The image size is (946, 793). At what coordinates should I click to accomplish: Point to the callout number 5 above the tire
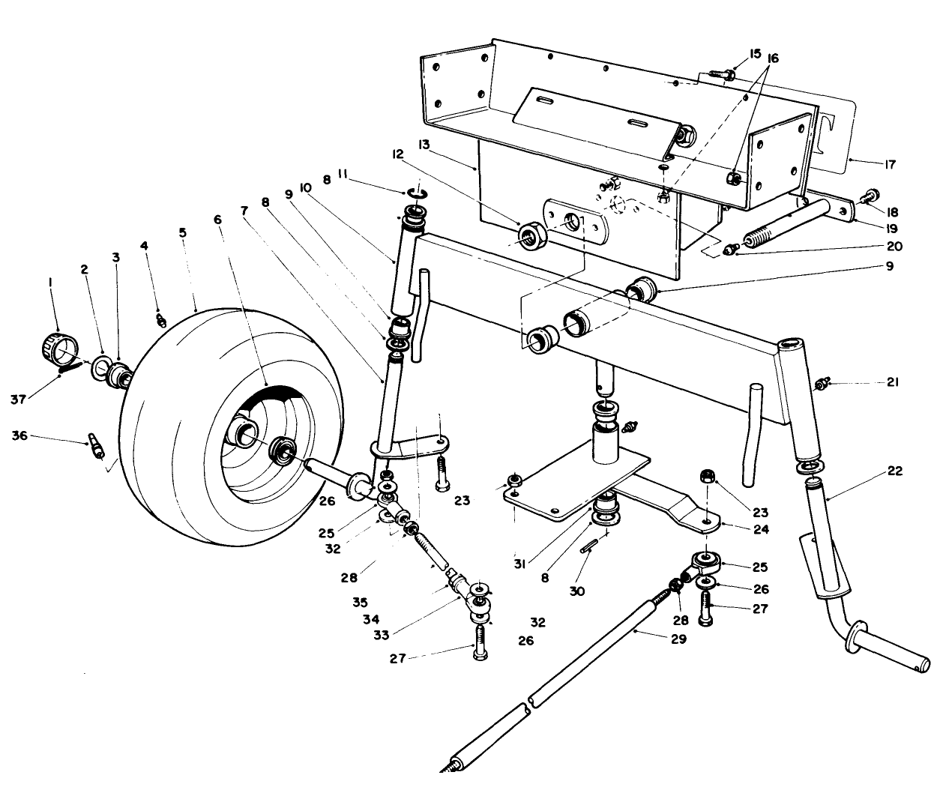(x=182, y=232)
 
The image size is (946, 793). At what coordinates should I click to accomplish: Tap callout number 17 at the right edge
(x=890, y=164)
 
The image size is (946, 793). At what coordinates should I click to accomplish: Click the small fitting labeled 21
(x=822, y=384)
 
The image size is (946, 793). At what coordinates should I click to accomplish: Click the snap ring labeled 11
(x=417, y=194)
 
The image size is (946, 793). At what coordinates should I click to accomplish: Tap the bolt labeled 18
(x=871, y=196)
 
